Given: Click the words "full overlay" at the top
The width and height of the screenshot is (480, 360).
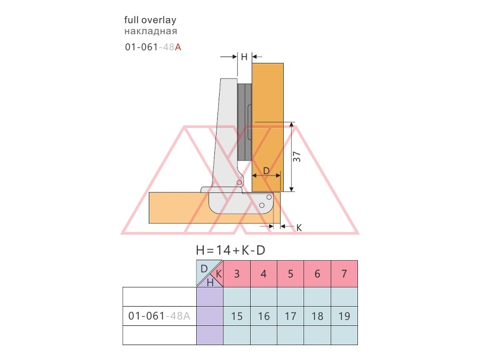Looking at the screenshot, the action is click(150, 20).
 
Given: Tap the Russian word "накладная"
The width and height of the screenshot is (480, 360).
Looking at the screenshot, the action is click(150, 31).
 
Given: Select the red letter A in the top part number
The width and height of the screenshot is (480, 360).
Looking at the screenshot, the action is click(178, 47).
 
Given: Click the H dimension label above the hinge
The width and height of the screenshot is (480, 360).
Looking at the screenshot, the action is click(244, 57).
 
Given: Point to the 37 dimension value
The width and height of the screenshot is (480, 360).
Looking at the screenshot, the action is click(297, 157).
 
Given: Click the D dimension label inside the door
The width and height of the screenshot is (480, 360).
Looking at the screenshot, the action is click(266, 171).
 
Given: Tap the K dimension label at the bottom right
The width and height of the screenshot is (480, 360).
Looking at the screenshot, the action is click(299, 228).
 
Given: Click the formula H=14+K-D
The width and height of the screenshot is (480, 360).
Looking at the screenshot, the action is click(230, 251).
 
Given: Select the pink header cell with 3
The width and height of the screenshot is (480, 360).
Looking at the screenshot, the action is click(237, 274).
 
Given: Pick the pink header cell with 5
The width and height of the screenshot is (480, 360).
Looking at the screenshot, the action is click(291, 274).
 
